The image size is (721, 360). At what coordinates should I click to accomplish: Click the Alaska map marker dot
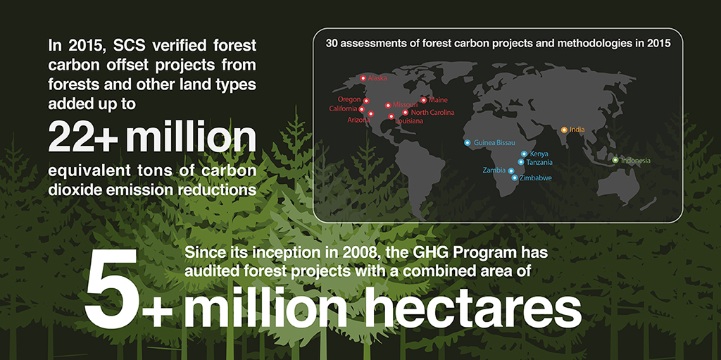pyautogui.click(x=363, y=78)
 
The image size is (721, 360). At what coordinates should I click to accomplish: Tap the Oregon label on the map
pyautogui.click(x=349, y=99)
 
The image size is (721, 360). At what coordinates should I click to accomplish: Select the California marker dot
pyautogui.click(x=362, y=109)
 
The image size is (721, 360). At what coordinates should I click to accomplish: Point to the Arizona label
pyautogui.click(x=358, y=120)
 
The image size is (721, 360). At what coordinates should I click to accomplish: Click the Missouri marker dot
pyautogui.click(x=388, y=106)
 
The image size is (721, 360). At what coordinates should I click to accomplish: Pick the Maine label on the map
pyautogui.click(x=438, y=100)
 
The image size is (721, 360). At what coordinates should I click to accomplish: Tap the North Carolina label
pyautogui.click(x=433, y=112)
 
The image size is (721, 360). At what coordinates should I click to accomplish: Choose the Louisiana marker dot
pyautogui.click(x=391, y=116)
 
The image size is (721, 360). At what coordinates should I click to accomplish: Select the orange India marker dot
pyautogui.click(x=564, y=130)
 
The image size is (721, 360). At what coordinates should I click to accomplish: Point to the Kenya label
pyautogui.click(x=539, y=154)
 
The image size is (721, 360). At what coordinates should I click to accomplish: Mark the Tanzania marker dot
pyautogui.click(x=521, y=162)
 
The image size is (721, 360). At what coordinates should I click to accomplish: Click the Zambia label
pyautogui.click(x=494, y=170)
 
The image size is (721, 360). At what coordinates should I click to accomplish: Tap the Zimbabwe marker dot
pyautogui.click(x=515, y=178)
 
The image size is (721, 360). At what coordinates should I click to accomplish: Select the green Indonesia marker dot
pyautogui.click(x=615, y=160)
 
